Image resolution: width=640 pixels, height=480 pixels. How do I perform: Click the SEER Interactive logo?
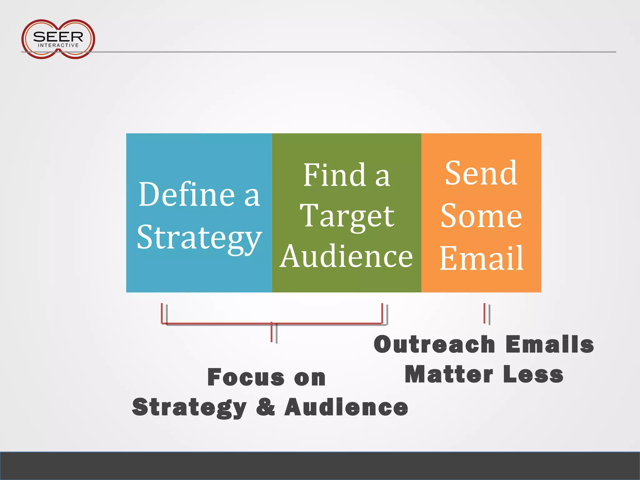click(58, 39)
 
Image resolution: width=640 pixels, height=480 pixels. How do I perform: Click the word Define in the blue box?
click(187, 194)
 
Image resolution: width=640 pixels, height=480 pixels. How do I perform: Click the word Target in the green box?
click(347, 216)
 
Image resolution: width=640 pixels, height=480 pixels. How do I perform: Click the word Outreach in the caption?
click(434, 344)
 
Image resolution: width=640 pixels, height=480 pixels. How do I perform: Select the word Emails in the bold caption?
click(550, 344)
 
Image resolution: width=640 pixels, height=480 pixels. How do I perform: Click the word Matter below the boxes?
click(449, 374)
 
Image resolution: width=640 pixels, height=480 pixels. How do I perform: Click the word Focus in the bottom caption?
click(246, 377)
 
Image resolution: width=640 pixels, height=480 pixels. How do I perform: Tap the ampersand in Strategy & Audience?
click(266, 407)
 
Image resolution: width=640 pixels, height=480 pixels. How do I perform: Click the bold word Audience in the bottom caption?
click(346, 407)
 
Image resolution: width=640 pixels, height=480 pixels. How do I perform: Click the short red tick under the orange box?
click(484, 313)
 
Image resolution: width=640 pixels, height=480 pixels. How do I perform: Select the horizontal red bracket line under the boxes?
click(219, 323)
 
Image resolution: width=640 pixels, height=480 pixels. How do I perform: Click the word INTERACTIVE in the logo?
click(58, 45)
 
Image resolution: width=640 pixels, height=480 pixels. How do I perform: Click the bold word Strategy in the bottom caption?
click(189, 407)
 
